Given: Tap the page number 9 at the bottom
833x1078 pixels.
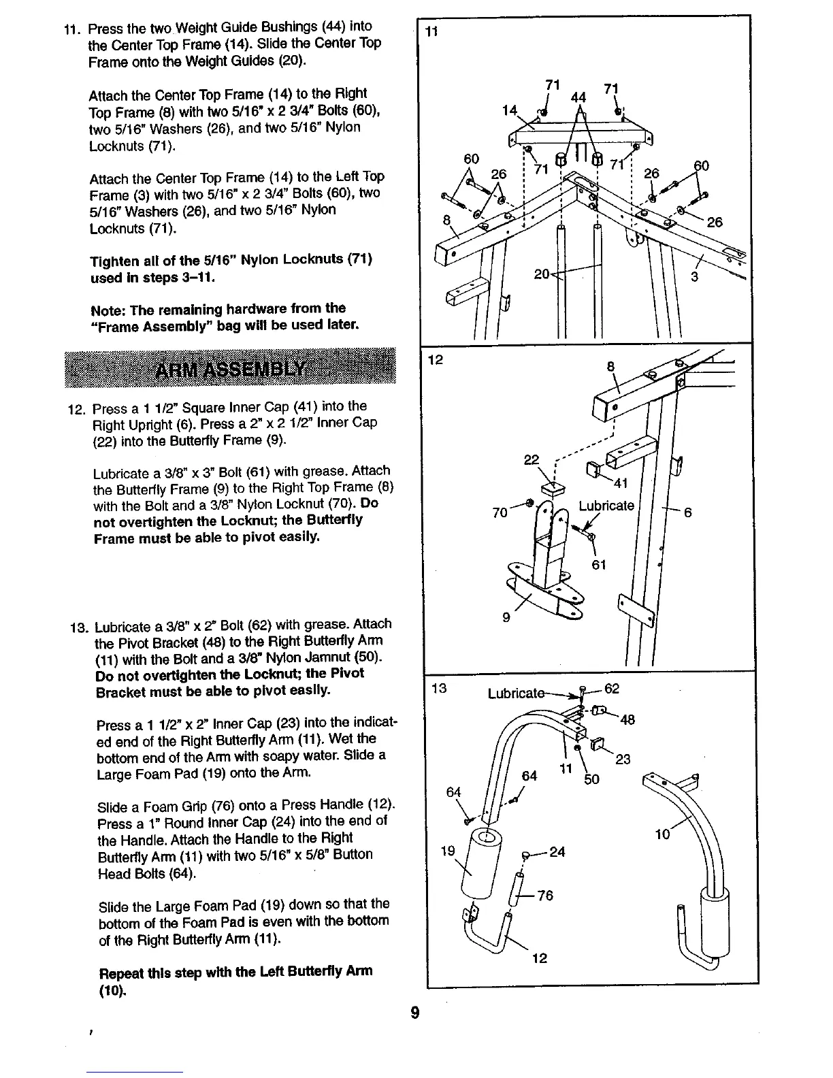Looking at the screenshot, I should coord(416,1013).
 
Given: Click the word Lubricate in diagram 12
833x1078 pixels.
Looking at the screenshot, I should coord(606,506).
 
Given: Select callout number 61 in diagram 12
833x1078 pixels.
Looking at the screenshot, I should coord(599,565).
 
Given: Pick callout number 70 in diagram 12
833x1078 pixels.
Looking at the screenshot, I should coord(500,512).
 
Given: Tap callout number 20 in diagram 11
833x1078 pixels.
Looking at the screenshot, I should coord(542,274).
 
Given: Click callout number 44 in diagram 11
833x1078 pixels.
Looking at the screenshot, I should coord(578,97).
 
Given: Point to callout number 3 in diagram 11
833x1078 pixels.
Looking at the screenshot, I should coord(694,277).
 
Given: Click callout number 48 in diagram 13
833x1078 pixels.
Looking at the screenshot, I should coord(627,719).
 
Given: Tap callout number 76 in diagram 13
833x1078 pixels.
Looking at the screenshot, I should coord(545,896).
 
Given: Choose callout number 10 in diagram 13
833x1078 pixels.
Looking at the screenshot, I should coord(662,834).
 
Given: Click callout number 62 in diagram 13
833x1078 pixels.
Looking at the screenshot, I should coord(611,689).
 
